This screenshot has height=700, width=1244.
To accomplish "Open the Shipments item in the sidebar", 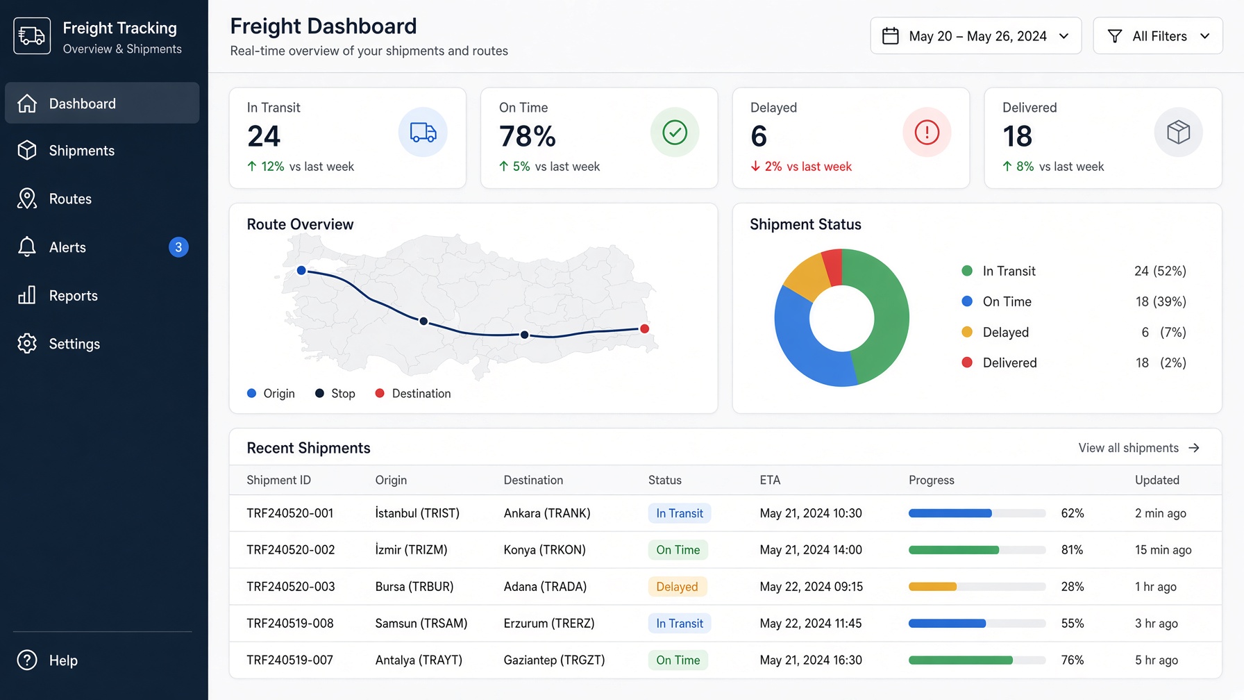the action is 67,151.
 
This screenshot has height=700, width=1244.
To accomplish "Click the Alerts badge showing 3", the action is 178,247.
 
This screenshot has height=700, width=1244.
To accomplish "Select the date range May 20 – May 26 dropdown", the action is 975,36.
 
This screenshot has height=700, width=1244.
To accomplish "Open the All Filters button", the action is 1158,36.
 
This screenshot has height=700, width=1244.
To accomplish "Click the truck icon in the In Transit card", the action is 423,132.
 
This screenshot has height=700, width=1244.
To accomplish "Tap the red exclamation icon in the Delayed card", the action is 927,132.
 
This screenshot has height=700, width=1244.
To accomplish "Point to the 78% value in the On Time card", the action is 528,136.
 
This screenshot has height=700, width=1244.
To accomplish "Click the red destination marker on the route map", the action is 644,328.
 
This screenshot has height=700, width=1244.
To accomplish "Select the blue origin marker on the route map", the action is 301,270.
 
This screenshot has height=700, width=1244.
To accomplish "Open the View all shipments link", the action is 1138,448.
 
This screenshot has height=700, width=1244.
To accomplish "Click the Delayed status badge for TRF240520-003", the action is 677,587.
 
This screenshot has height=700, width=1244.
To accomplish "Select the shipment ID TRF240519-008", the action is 290,624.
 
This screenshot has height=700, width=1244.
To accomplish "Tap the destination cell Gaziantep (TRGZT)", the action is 554,660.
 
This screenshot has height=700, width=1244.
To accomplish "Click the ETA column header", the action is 770,480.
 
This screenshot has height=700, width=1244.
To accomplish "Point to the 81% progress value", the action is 1072,550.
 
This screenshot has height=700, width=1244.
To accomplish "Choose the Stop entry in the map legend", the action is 335,394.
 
